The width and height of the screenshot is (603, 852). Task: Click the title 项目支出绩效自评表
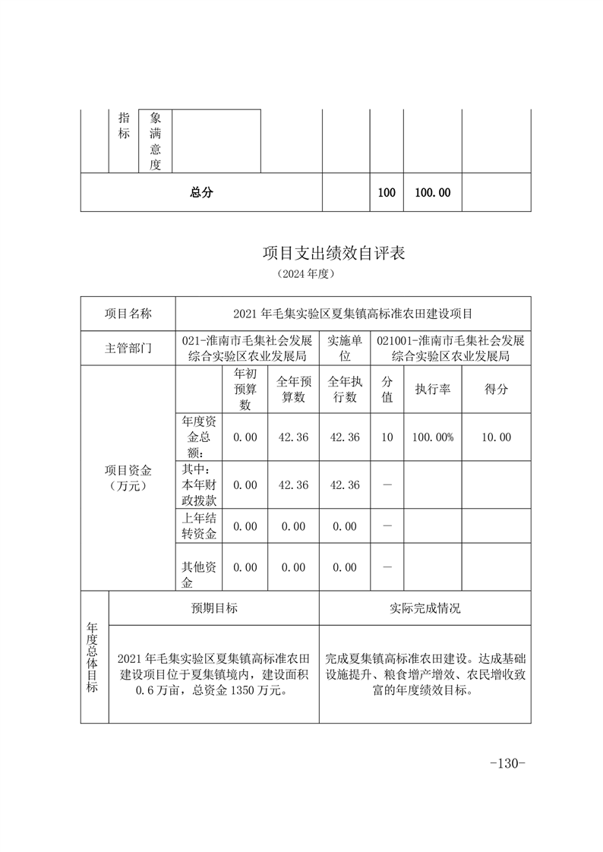coord(333,253)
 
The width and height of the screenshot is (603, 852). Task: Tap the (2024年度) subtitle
coord(301,273)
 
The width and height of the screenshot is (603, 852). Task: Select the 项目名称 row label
coord(128,313)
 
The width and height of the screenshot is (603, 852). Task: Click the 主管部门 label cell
coord(128,349)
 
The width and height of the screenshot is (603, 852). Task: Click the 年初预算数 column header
coord(245,389)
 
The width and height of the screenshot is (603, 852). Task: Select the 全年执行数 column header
coord(344,389)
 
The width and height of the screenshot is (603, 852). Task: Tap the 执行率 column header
coord(433,389)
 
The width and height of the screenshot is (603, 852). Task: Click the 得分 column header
coord(496,389)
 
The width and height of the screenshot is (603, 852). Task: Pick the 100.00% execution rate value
coord(433,437)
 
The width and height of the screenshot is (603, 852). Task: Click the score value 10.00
coord(496,437)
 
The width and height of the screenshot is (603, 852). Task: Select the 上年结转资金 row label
coord(199,525)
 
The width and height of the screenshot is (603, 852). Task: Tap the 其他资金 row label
coord(199,574)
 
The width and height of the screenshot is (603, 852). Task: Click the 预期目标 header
coord(214,608)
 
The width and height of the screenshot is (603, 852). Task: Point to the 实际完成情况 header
coord(425,608)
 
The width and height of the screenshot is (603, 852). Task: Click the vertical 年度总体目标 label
coord(93,658)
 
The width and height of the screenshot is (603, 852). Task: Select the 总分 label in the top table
coord(201,193)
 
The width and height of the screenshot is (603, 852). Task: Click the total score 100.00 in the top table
coord(433,193)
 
